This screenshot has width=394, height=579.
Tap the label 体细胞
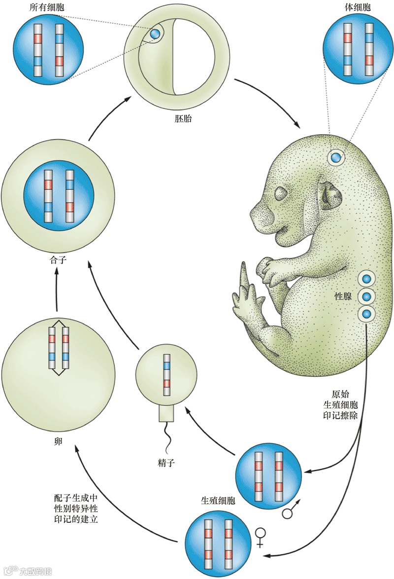(x=358, y=8)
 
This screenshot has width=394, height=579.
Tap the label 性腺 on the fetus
(x=344, y=296)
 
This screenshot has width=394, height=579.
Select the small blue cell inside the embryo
(x=155, y=34)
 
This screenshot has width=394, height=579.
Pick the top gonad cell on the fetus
(x=366, y=279)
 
